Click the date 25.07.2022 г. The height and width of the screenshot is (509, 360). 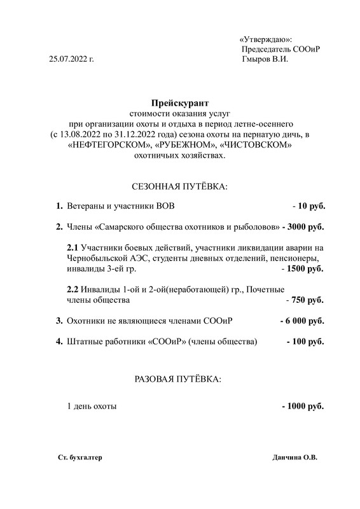click(71, 59)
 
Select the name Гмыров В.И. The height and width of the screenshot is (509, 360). click(265, 59)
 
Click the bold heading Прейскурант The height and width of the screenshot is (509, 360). click(180, 102)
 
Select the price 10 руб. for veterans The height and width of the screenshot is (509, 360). click(311, 207)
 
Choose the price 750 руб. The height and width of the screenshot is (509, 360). click(308, 300)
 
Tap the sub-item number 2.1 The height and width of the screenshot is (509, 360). click(72, 248)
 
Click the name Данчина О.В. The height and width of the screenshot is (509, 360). click(294, 457)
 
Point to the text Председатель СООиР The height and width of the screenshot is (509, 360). click(280, 49)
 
